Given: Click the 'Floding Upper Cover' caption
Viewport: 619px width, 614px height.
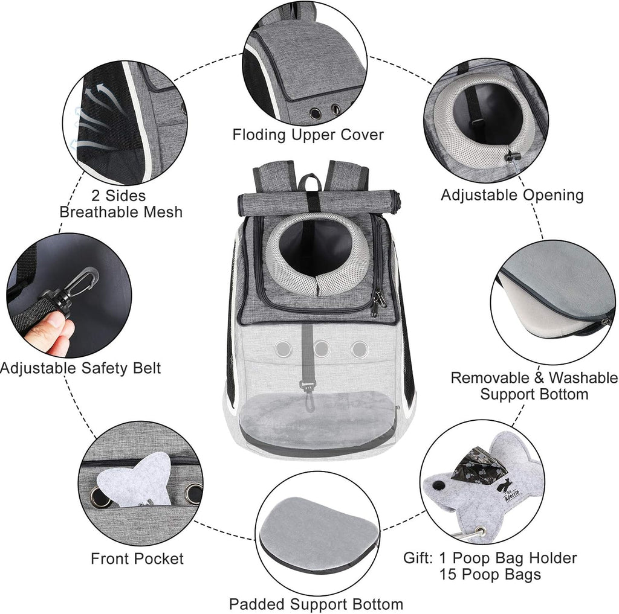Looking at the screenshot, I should pos(308,134).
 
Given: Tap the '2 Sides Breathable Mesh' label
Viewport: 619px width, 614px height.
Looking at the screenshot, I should pos(120,203).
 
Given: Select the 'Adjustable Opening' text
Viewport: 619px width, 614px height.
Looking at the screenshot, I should pos(511,195).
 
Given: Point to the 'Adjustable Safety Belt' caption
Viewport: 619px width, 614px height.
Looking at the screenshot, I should pos(81,368).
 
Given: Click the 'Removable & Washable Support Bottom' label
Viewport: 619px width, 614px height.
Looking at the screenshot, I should pos(534,386).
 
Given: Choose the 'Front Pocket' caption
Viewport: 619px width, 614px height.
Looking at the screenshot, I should pos(137,558).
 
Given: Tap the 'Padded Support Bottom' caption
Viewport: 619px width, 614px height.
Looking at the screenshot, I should pos(316,603).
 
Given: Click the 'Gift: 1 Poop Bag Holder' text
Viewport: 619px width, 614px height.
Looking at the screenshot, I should pos(490,558).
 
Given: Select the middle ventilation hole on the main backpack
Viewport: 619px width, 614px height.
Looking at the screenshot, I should pos(321,348).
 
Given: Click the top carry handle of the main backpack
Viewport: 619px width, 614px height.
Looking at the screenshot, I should pos(311,181).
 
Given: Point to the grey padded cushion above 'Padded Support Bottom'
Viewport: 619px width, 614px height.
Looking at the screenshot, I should pos(316,528).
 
